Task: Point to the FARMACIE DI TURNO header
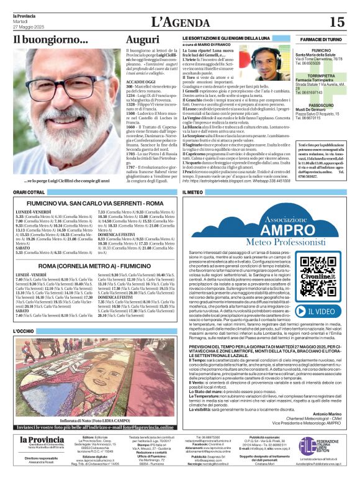pyautogui.click(x=323, y=39)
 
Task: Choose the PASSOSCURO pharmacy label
pyautogui.click(x=322, y=105)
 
